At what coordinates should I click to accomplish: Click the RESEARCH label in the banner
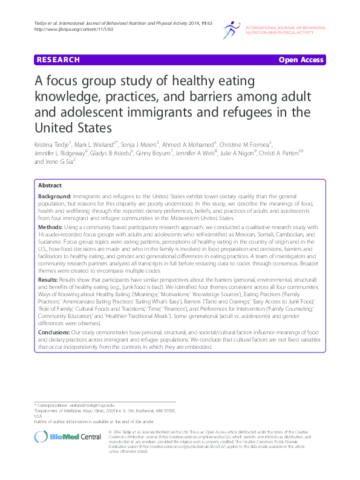(x=58, y=60)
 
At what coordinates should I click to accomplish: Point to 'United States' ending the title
(x=73, y=128)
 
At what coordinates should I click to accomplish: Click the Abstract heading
(x=50, y=185)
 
